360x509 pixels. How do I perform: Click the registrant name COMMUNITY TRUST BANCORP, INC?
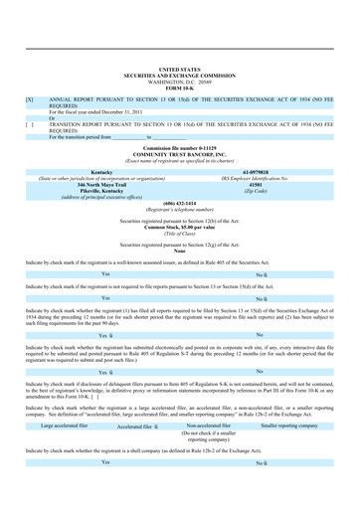179,153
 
